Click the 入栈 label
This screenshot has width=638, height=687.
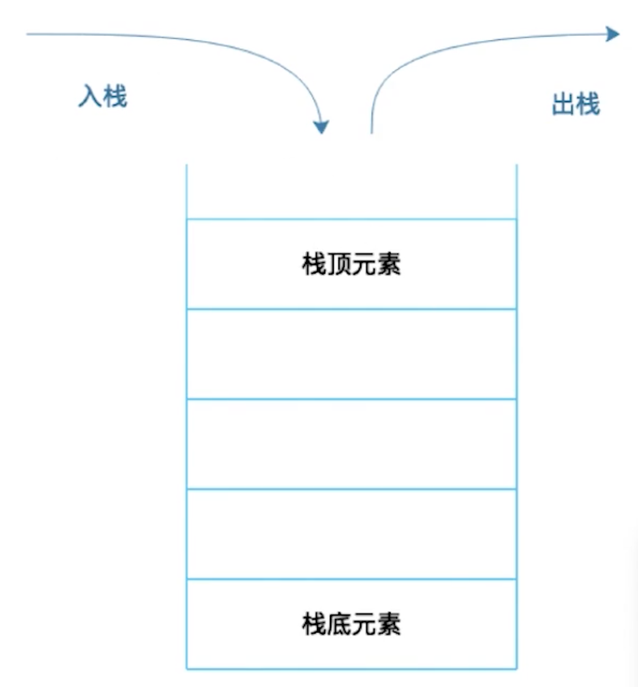pyautogui.click(x=103, y=96)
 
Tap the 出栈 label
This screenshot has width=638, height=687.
pyautogui.click(x=576, y=104)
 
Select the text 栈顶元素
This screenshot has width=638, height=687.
pyautogui.click(x=351, y=265)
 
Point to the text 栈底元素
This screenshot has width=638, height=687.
pyautogui.click(x=351, y=624)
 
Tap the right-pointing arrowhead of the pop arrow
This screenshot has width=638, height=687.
pyautogui.click(x=613, y=34)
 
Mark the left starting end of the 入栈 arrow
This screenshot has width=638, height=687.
pyautogui.click(x=28, y=34)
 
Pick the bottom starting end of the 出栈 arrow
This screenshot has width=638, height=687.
pyautogui.click(x=372, y=132)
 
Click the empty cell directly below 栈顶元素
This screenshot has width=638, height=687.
pyautogui.click(x=351, y=354)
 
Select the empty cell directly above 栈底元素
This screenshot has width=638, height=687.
pyautogui.click(x=351, y=534)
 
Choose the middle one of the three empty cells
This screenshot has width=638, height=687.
pyautogui.click(x=351, y=444)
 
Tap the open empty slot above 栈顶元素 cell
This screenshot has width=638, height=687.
pyautogui.click(x=351, y=191)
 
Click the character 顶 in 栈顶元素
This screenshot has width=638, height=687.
pyautogui.click(x=339, y=265)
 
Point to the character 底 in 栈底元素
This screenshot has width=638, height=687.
pyautogui.click(x=339, y=624)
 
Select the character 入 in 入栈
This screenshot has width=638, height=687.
pyautogui.click(x=90, y=96)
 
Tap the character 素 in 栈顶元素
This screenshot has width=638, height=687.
pyautogui.click(x=389, y=265)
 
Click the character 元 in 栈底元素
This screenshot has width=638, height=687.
pyautogui.click(x=364, y=624)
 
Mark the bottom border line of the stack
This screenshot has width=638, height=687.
pyautogui.click(x=351, y=668)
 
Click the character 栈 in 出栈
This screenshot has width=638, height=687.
pyautogui.click(x=588, y=104)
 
